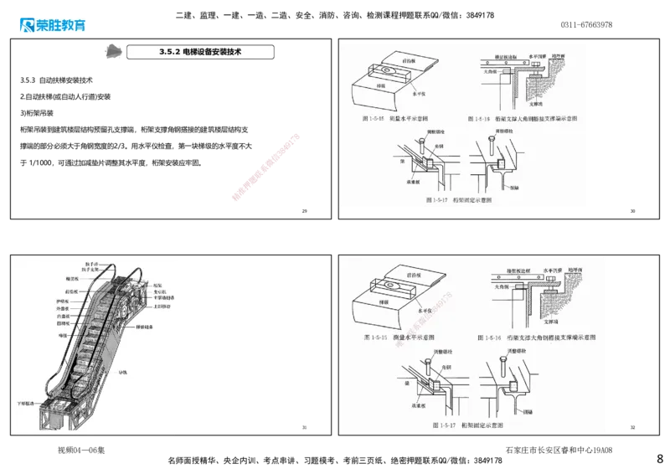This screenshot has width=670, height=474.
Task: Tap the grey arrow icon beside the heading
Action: (111, 52)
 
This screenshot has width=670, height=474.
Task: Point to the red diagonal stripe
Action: (265, 167)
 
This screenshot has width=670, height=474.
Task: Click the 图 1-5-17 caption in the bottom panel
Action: (458, 425)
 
